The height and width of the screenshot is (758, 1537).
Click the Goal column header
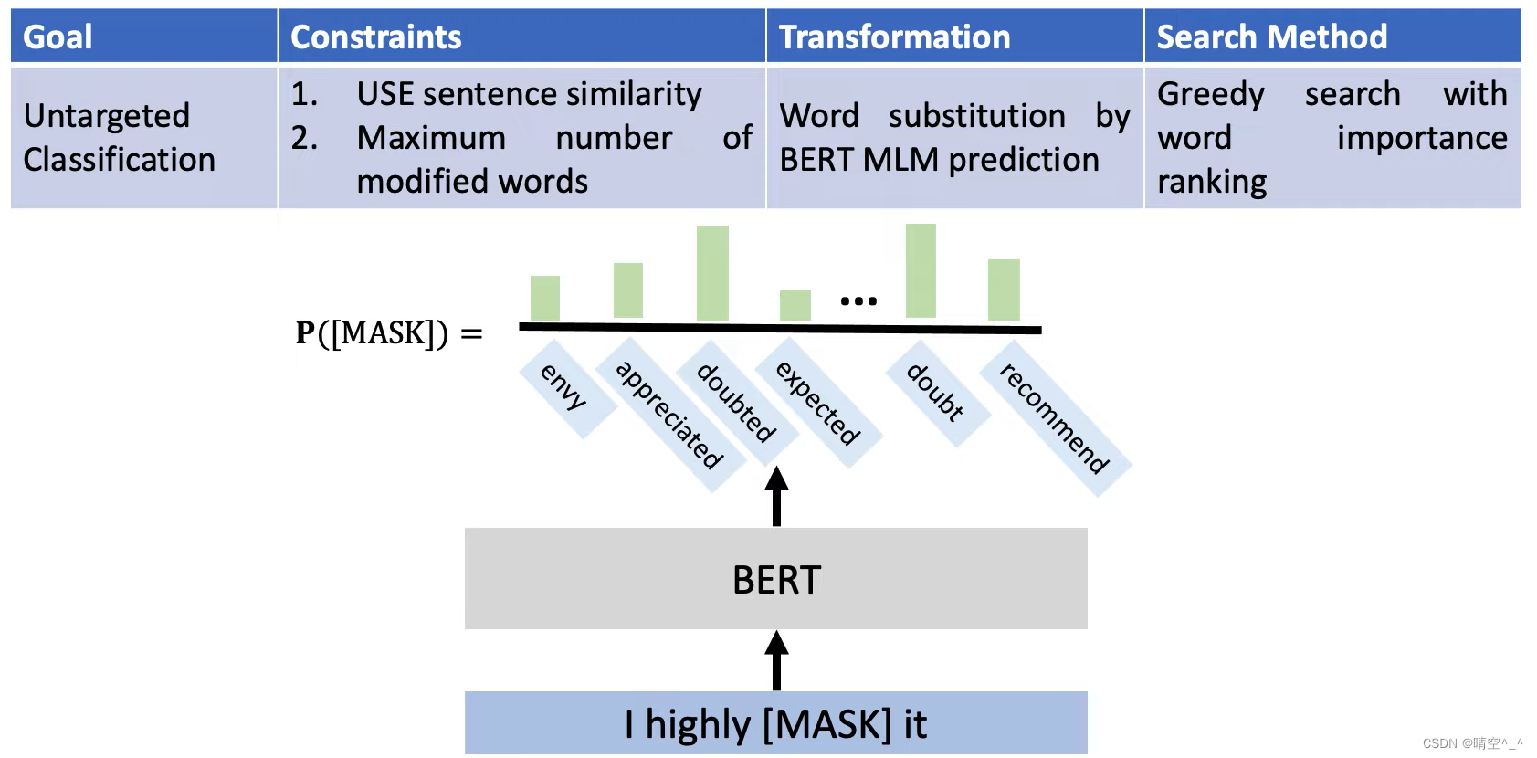58,37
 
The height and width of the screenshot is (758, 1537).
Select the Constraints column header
375,37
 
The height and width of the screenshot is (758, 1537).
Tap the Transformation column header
894,37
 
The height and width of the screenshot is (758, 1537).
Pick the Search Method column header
1271,37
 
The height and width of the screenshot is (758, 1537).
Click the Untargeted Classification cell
119,137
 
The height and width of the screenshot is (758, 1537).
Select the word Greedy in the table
1210,95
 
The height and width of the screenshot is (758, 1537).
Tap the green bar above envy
545,298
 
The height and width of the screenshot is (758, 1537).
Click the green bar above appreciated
628,290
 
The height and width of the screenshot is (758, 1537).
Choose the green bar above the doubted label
712,272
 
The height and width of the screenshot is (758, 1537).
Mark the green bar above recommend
1004,290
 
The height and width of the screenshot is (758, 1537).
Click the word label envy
563,386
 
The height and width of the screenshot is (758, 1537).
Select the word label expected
818,403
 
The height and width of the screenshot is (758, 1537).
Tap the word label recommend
1054,418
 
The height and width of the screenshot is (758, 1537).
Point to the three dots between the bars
858,300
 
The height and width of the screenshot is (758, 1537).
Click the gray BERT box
776,579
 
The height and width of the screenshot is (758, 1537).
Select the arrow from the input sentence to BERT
776,660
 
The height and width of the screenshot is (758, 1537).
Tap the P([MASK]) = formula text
389,333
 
